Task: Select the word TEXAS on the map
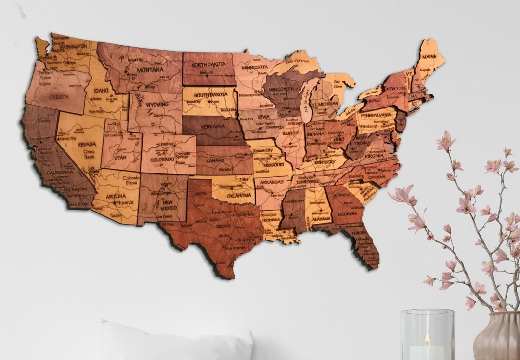click(222, 226)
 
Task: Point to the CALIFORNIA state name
click(60, 172)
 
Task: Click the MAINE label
click(429, 57)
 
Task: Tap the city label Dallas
click(247, 214)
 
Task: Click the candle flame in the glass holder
click(427, 338)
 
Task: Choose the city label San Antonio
click(235, 248)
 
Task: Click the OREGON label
click(59, 96)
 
